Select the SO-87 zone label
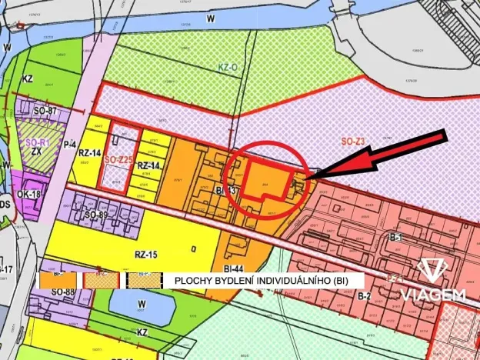pos(45,112)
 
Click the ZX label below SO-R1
pos(36,152)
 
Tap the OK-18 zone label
pos(28,195)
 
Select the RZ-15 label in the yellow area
pos(140,254)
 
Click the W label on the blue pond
pos(141,304)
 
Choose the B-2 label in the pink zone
pos(365,295)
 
